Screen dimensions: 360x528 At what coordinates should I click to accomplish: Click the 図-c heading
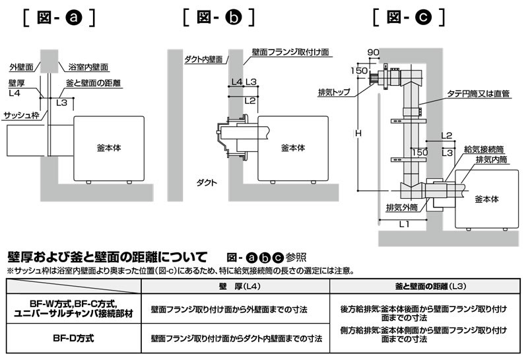coord(409,16)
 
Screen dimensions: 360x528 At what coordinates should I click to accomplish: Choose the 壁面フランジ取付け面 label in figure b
coord(290,51)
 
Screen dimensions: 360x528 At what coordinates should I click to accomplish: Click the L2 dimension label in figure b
coord(249,100)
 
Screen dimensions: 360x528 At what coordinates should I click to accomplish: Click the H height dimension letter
coord(358,134)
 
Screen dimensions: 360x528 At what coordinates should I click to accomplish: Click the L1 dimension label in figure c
coord(405,225)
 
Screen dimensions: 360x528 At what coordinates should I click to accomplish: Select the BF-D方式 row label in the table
coord(73,338)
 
